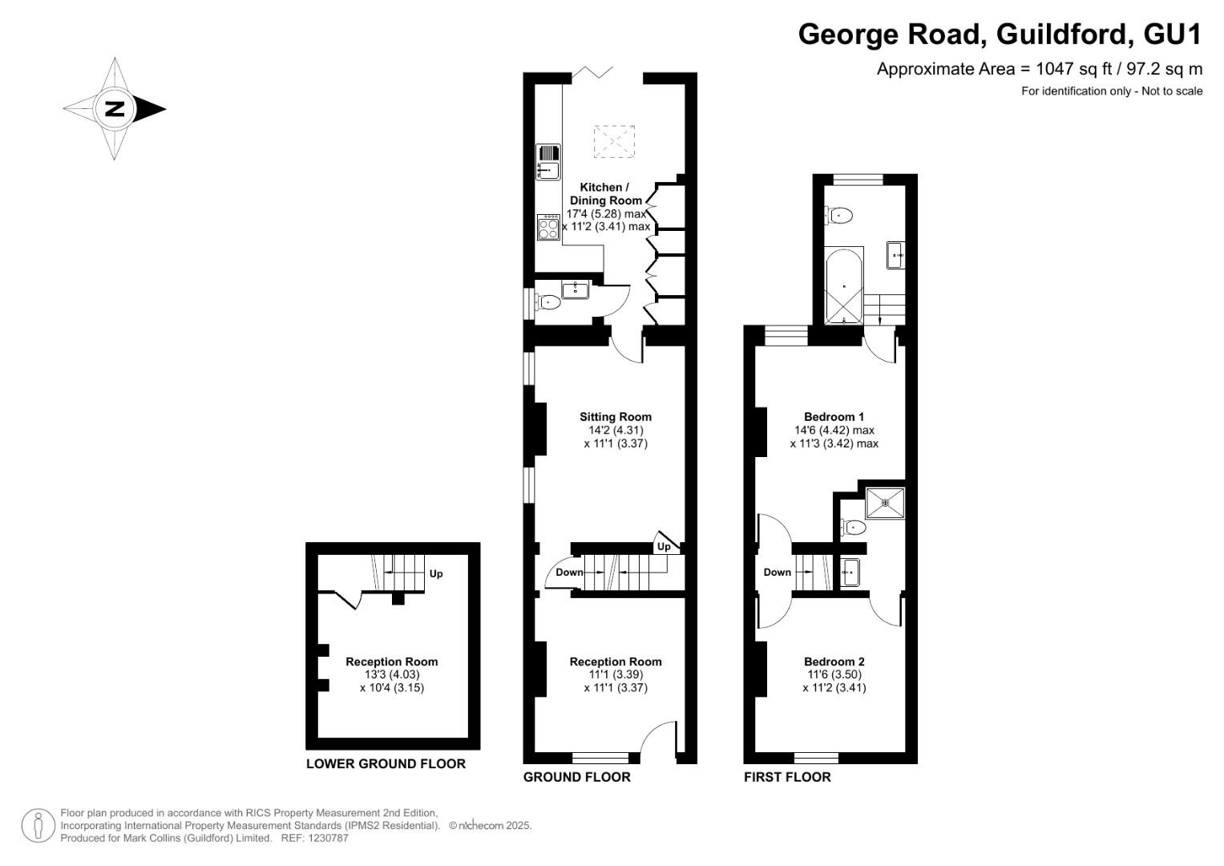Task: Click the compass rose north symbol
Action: click(x=115, y=109)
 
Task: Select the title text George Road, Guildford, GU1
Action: click(x=1000, y=34)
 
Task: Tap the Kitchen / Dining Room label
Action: click(x=605, y=193)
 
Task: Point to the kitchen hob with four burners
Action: click(x=548, y=227)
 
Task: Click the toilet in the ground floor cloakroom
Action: click(x=548, y=302)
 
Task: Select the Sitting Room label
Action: click(x=616, y=416)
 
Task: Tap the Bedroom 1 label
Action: click(x=834, y=416)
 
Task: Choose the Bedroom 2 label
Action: click(x=834, y=662)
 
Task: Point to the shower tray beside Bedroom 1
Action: click(x=885, y=503)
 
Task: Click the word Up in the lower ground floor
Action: click(x=436, y=573)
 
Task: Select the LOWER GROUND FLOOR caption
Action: click(x=386, y=763)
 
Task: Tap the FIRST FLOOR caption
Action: click(x=787, y=776)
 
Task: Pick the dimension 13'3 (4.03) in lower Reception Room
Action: click(x=392, y=674)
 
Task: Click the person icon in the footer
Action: click(x=38, y=825)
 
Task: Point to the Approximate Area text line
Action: click(x=1039, y=68)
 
